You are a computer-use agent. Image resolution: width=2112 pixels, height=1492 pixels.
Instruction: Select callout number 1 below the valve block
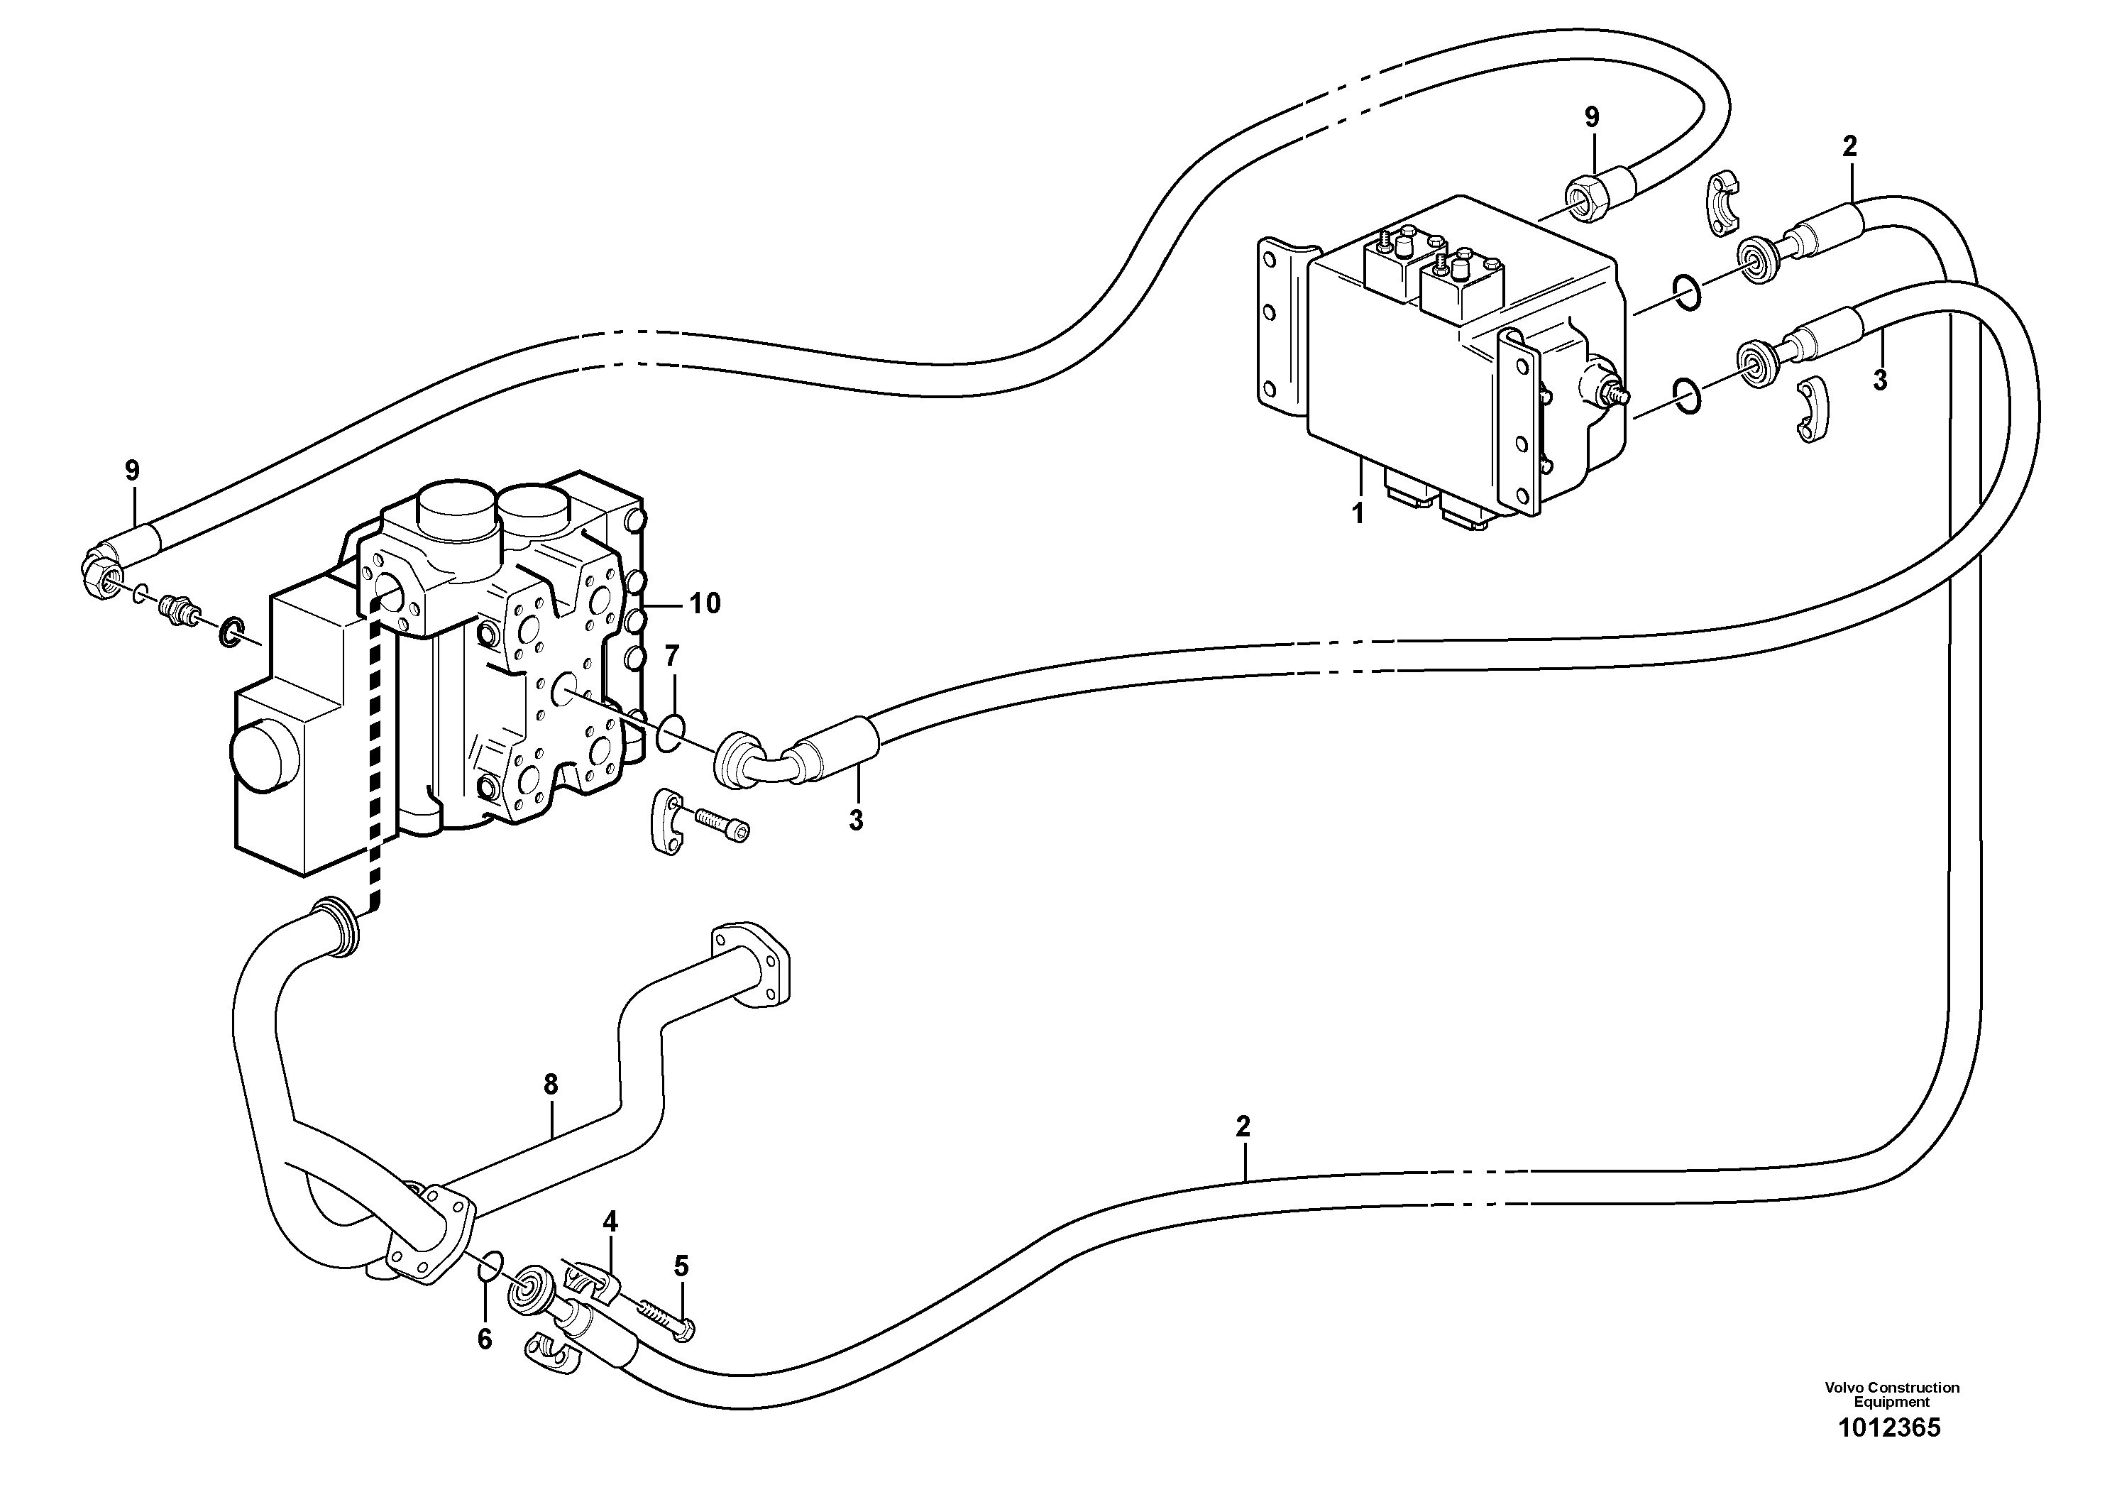pos(1358,513)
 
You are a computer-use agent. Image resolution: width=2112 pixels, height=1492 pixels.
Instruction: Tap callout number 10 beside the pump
pos(705,603)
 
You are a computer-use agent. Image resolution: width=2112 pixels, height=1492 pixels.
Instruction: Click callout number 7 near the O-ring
pos(671,656)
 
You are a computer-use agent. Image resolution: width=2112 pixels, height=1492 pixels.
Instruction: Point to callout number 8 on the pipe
pos(550,1085)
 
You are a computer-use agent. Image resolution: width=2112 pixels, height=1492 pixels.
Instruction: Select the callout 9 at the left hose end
pos(133,471)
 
